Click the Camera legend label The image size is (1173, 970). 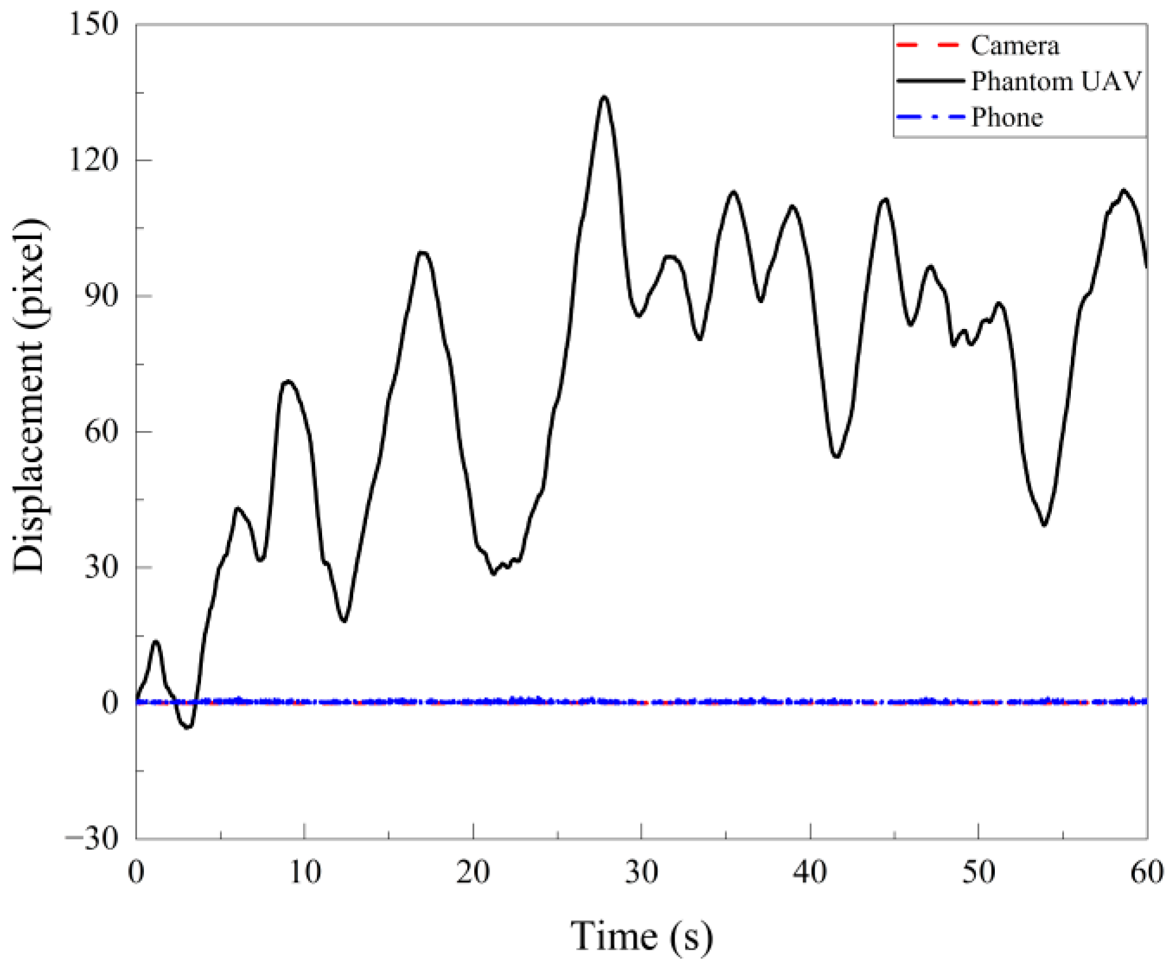[1014, 46]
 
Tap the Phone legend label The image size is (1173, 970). [1007, 117]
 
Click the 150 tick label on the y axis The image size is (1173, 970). [94, 25]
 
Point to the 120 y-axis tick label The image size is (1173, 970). [94, 160]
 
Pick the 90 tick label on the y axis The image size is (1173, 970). [101, 296]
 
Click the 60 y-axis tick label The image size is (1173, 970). [101, 432]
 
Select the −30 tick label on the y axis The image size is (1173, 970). [92, 838]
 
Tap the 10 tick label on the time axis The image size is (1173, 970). [305, 872]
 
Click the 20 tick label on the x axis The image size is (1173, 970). [473, 872]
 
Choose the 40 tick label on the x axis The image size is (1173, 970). [810, 872]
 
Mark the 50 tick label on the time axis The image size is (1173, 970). [978, 872]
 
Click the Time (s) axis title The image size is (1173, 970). [642, 936]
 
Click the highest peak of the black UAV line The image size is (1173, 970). [604, 97]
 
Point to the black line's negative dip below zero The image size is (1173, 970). [187, 727]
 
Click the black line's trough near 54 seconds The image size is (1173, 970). [1044, 524]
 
